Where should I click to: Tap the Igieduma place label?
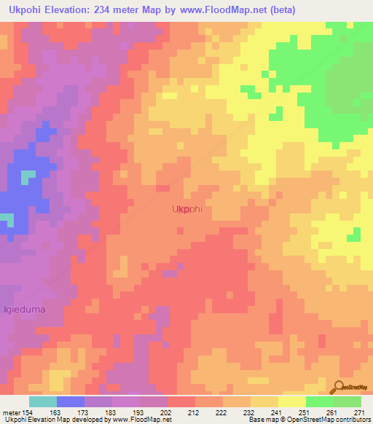[24, 309]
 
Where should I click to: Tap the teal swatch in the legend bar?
[42, 401]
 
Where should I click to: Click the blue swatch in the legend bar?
[70, 401]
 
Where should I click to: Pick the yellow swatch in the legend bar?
[291, 401]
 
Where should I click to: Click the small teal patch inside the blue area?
[28, 177]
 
